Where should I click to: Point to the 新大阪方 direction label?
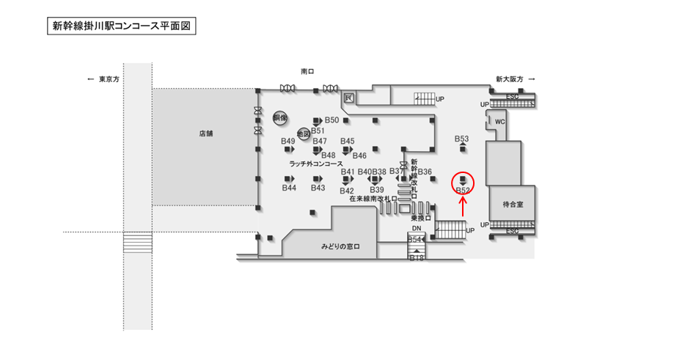(x=509, y=78)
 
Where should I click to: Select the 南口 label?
(x=307, y=72)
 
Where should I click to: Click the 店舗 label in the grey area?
(x=205, y=133)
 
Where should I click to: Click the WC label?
(x=500, y=122)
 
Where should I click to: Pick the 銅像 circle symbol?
(x=279, y=117)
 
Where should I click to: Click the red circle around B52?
(x=463, y=183)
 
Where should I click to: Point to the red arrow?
(x=463, y=207)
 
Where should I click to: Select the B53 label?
(x=461, y=139)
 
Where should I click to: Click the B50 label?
(x=331, y=120)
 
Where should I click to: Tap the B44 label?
(x=289, y=188)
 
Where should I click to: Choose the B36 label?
(x=425, y=172)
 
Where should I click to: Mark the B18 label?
(x=417, y=257)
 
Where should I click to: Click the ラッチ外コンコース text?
(x=316, y=164)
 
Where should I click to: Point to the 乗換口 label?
(x=420, y=218)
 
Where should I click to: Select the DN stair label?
(x=416, y=229)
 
